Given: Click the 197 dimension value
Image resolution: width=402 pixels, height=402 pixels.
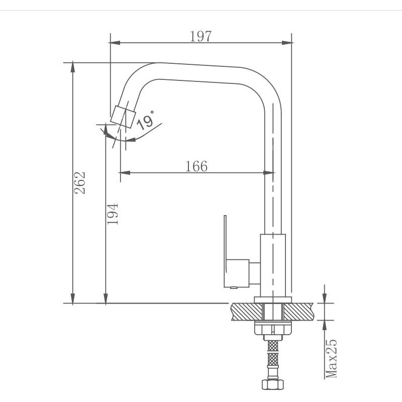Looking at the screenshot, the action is [x=200, y=36].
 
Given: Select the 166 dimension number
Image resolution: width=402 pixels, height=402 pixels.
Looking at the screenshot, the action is [x=196, y=166].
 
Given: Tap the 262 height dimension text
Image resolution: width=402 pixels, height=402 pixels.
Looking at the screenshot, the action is [x=79, y=183].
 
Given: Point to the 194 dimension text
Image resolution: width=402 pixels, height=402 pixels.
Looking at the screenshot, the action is [x=113, y=214].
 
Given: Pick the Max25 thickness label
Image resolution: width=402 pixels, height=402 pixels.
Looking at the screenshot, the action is [x=331, y=358].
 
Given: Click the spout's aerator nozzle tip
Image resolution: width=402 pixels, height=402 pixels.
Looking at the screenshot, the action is [x=123, y=117].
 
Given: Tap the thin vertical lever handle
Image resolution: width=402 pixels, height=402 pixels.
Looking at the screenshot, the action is [x=225, y=244].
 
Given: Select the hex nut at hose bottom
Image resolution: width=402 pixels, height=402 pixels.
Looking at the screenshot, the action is [x=273, y=384].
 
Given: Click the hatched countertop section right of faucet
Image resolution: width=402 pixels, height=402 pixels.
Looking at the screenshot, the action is [x=298, y=312].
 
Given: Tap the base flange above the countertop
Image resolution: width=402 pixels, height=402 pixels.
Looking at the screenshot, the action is [x=273, y=300].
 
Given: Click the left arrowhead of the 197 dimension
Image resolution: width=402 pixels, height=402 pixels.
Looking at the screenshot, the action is [x=115, y=43].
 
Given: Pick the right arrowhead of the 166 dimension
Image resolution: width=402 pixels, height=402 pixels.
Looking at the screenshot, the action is [x=269, y=173].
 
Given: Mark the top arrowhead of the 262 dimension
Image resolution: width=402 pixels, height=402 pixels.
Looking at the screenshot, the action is [x=73, y=67].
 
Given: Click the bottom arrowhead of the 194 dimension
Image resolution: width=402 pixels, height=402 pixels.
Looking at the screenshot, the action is [x=106, y=299].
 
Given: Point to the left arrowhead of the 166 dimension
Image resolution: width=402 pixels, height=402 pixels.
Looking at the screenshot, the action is [x=125, y=173].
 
